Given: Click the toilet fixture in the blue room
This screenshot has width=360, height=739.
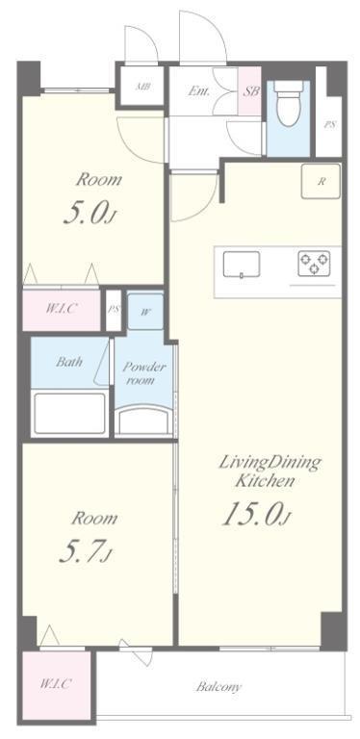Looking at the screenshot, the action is pos(288,103).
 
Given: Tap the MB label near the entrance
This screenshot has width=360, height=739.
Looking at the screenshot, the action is pos(141,88).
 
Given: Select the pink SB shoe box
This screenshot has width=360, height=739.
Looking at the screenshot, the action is pos(249,91).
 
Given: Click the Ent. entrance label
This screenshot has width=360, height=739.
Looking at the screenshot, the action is pos(198,91).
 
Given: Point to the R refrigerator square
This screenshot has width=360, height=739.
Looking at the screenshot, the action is pos(321,182).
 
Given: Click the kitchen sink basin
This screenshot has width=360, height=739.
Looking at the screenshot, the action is pos(242,266).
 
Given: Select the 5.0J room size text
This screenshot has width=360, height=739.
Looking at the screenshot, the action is pos(90,214).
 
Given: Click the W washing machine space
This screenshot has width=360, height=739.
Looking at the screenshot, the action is pos(145,312).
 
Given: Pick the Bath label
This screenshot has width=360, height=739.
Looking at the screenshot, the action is pos(69,362).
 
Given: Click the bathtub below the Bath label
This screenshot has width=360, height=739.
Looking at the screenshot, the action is pos(69,414).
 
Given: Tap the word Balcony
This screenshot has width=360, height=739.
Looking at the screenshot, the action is pos(219,687).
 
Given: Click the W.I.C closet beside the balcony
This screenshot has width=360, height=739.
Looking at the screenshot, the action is pos(56,685).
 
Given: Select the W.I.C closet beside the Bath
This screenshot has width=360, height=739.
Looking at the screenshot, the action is pos(62,310).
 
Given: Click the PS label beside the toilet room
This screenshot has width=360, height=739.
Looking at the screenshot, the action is pos(330,125).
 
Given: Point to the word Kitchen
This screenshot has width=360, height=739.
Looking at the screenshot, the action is pos(265,481).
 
